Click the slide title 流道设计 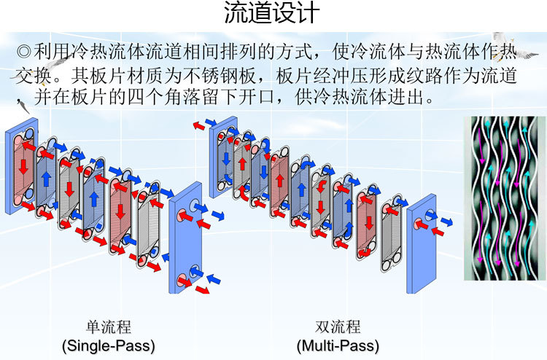click(x=271, y=14)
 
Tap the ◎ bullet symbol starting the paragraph click(x=24, y=52)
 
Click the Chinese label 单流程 click(x=109, y=326)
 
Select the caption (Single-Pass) click(x=109, y=344)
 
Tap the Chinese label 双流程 click(x=338, y=326)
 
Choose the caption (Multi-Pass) click(x=338, y=344)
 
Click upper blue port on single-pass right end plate click(x=195, y=207)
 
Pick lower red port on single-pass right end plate click(x=182, y=278)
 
